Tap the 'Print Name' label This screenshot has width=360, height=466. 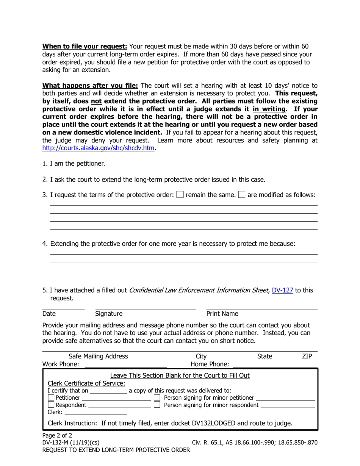222,314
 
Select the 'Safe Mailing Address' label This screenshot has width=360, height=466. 98,356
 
